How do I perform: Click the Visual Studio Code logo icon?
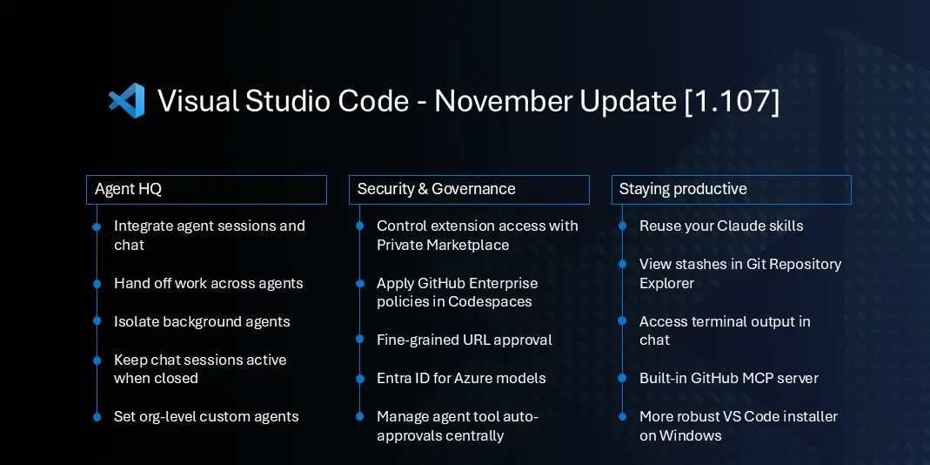pyautogui.click(x=126, y=101)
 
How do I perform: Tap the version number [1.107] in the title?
pyautogui.click(x=732, y=101)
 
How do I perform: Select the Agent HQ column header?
pyautogui.click(x=206, y=189)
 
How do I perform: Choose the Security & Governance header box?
pyautogui.click(x=469, y=189)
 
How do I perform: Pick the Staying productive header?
pyautogui.click(x=731, y=189)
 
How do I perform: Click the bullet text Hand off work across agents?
pyautogui.click(x=208, y=283)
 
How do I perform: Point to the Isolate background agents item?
pyautogui.click(x=202, y=321)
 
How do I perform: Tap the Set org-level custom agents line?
pyautogui.click(x=206, y=416)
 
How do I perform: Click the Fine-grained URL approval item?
pyautogui.click(x=464, y=340)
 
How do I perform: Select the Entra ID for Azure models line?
pyautogui.click(x=461, y=378)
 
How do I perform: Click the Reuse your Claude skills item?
pyautogui.click(x=720, y=226)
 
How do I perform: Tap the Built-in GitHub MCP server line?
pyautogui.click(x=728, y=378)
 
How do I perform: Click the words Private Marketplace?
pyautogui.click(x=443, y=246)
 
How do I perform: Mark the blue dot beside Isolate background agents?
pyautogui.click(x=97, y=321)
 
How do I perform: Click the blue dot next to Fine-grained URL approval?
pyautogui.click(x=359, y=340)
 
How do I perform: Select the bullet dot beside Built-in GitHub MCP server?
pyautogui.click(x=622, y=378)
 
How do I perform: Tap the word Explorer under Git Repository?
pyautogui.click(x=666, y=283)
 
